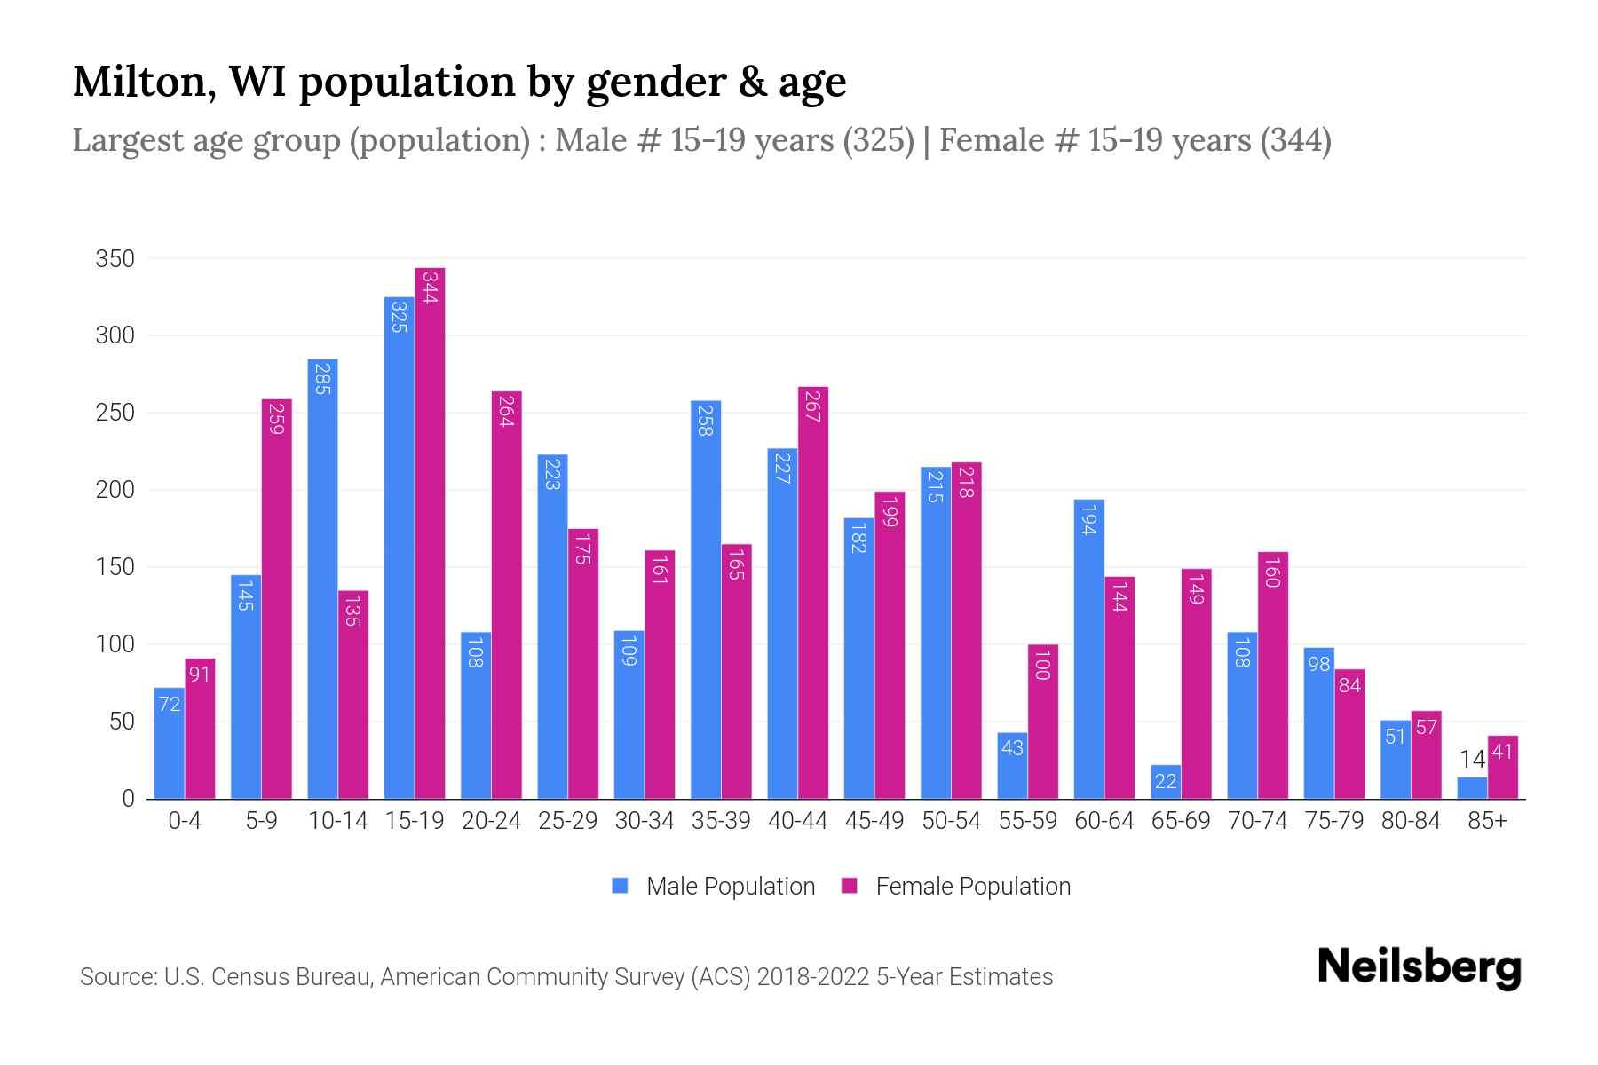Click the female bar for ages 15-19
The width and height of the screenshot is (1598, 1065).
coord(430,532)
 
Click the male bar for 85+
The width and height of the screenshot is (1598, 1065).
coord(1472,788)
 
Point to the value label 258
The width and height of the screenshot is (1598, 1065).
coord(706,421)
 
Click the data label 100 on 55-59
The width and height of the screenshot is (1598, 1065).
coord(1043,665)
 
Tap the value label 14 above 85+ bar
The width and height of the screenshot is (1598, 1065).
coord(1472,760)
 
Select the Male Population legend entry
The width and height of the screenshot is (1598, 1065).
coord(730,887)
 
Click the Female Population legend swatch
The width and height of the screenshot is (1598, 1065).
coord(850,886)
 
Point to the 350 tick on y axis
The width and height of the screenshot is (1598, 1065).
coord(115,259)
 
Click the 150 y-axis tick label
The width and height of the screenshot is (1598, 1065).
coord(115,567)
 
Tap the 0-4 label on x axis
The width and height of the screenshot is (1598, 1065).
coord(185,821)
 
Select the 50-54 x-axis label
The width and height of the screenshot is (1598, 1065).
coord(951,821)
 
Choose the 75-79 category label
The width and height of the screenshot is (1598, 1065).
coord(1333,821)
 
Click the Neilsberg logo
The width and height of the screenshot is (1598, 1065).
coord(1419,967)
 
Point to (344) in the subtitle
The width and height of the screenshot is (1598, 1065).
coord(1295,140)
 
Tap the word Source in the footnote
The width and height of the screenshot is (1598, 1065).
coord(117,977)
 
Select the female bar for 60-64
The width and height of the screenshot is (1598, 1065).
coord(1119,688)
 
